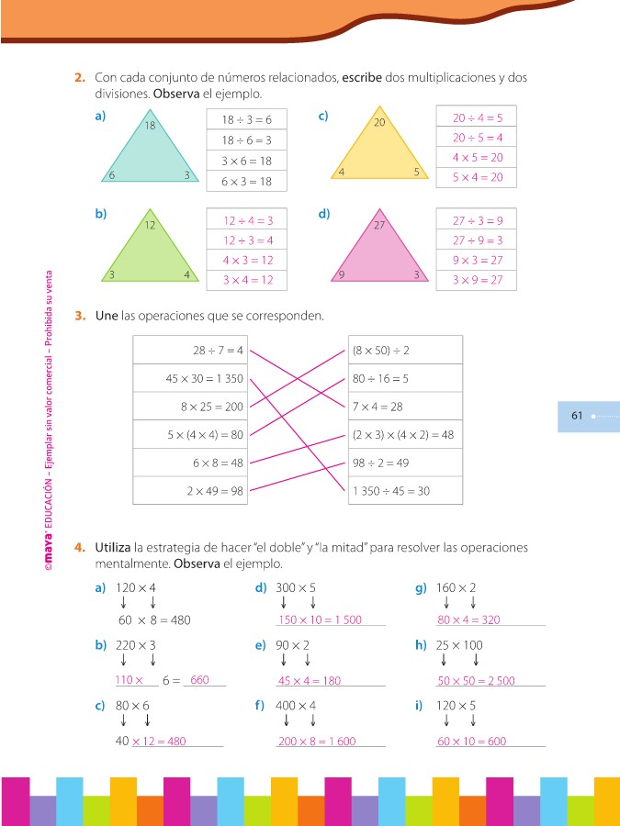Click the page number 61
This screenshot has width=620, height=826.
click(577, 416)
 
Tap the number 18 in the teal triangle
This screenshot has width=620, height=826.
click(151, 126)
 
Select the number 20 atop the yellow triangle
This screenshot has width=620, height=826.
click(378, 122)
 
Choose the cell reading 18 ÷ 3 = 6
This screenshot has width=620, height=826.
click(246, 120)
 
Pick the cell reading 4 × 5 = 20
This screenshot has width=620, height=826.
click(477, 157)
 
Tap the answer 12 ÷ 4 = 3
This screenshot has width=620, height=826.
click(248, 220)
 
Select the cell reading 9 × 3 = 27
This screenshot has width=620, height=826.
click(477, 260)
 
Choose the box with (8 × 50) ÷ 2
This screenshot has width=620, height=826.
click(405, 350)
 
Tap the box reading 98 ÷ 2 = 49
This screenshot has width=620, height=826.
click(405, 463)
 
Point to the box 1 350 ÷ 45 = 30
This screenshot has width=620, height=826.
click(405, 491)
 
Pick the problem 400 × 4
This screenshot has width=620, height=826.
click(296, 705)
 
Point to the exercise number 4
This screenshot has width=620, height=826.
click(80, 547)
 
